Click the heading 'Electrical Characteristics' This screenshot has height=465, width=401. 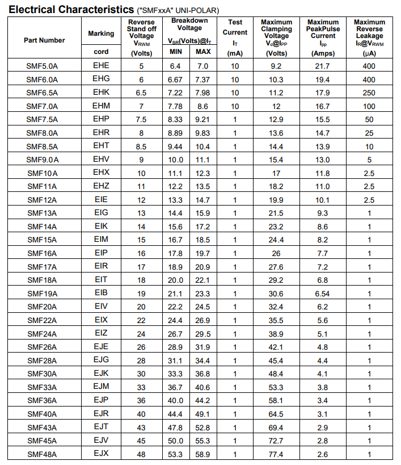(x=71, y=9)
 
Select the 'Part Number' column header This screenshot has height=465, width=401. (x=44, y=40)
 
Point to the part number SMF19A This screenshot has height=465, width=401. (x=42, y=294)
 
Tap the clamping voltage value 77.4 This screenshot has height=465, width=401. (x=276, y=454)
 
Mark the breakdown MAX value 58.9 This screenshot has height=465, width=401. (x=202, y=454)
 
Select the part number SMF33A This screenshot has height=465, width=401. (x=42, y=388)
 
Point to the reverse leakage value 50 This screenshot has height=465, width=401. (x=369, y=120)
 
